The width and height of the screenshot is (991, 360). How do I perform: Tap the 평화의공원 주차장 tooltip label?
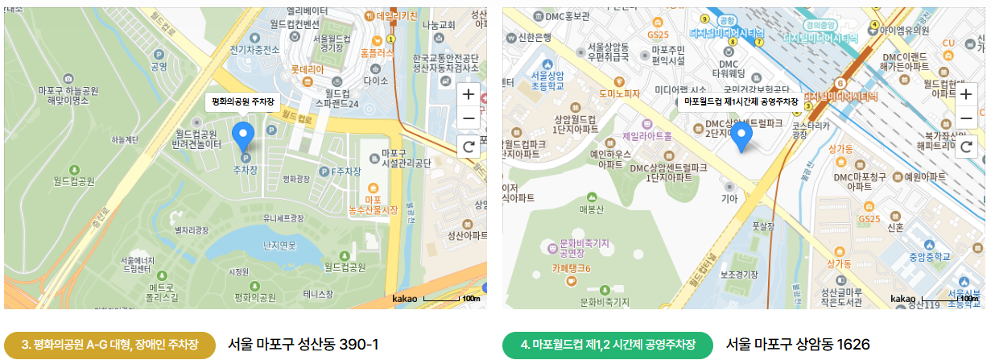coord(242,101)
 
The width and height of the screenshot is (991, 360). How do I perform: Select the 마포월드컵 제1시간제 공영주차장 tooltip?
coord(740,101)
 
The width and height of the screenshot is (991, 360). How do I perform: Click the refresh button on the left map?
coord(468,146)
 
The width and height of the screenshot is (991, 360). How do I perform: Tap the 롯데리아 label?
coord(307,70)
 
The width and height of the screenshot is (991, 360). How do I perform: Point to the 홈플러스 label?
coord(377,52)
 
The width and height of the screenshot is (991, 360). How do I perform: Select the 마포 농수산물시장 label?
coord(372,205)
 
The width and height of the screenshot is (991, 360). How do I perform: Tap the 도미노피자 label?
coord(618,93)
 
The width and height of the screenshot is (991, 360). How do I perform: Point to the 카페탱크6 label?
coord(572,268)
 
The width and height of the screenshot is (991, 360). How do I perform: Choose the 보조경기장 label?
coord(740,274)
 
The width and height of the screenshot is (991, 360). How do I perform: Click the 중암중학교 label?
coord(930,258)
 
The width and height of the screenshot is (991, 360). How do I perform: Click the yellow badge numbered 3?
coord(109,345)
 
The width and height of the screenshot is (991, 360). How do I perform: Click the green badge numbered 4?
coord(608,345)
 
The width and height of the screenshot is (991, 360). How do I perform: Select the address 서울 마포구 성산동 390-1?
coord(303,345)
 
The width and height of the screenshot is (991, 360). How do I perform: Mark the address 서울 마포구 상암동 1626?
coord(798,345)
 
